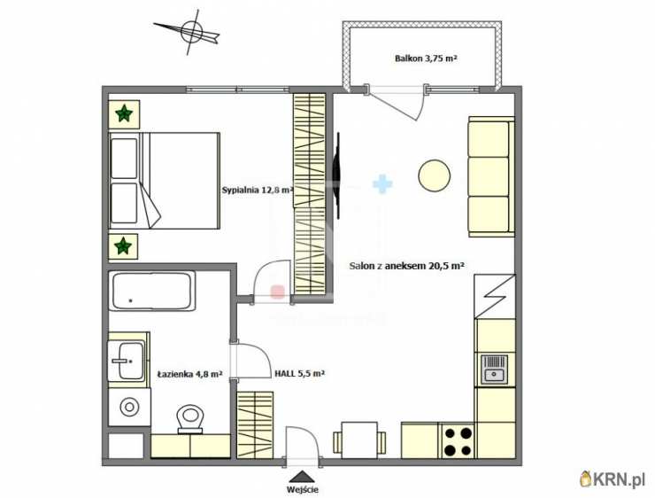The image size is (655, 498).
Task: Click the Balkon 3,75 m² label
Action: pyautogui.click(x=426, y=58)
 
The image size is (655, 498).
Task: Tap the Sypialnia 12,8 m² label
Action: pyautogui.click(x=258, y=190)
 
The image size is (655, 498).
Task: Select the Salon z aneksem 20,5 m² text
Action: pyautogui.click(x=407, y=266)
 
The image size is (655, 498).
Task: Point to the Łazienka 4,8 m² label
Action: pyautogui.click(x=189, y=374)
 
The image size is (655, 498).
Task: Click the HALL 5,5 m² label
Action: pyautogui.click(x=299, y=374)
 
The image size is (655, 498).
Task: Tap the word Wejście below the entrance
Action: pyautogui.click(x=303, y=489)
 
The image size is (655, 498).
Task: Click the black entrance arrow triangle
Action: pyautogui.click(x=303, y=476)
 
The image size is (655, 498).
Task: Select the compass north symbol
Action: pyautogui.click(x=189, y=33)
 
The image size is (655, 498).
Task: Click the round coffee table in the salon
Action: pyautogui.click(x=435, y=175)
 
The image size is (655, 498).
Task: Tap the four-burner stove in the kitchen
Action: pyautogui.click(x=458, y=440)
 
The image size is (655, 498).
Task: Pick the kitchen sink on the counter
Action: pyautogui.click(x=494, y=370)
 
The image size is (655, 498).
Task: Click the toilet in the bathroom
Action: pyautogui.click(x=190, y=419)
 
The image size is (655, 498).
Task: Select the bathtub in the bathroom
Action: pyautogui.click(x=152, y=291)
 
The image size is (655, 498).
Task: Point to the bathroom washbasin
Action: pyautogui.click(x=127, y=361)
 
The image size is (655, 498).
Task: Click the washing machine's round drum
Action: pyautogui.click(x=129, y=407)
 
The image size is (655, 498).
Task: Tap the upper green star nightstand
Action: pyautogui.click(x=124, y=114)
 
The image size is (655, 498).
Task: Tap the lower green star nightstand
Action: pyautogui.click(x=123, y=246)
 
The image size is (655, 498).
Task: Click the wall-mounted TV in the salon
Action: pyautogui.click(x=336, y=175)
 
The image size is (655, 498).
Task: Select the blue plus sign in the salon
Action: pyautogui.click(x=382, y=184)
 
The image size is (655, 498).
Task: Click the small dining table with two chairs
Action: pyautogui.click(x=359, y=440)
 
